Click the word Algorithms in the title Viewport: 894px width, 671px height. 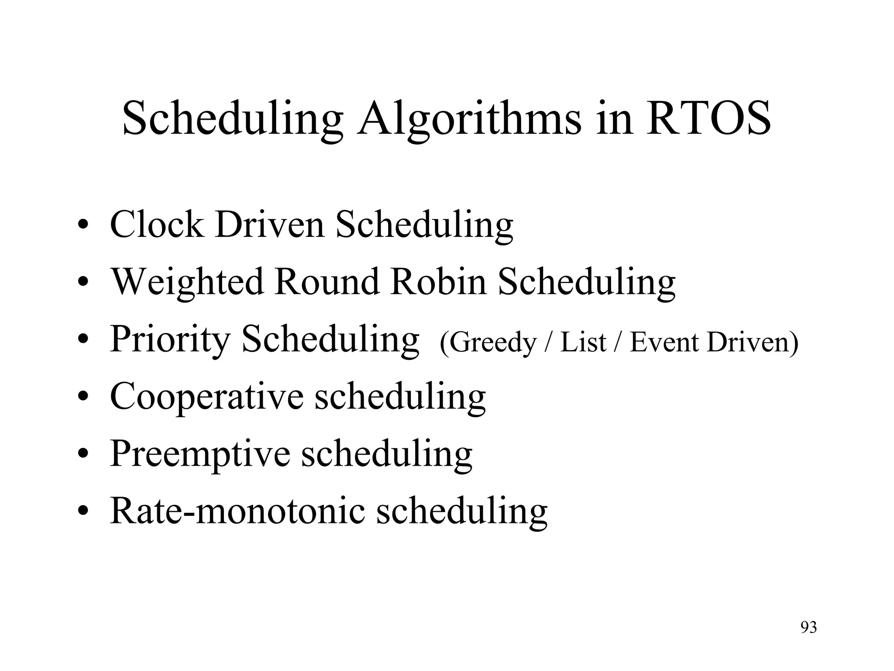tap(469, 119)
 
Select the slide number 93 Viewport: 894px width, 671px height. tap(808, 627)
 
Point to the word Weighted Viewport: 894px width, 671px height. tap(187, 282)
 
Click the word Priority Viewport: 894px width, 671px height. tap(170, 340)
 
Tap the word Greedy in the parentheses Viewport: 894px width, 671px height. tap(492, 343)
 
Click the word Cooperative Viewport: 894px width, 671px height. tap(206, 396)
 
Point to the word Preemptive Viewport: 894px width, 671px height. tap(200, 454)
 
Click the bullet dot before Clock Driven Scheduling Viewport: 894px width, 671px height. tap(83, 226)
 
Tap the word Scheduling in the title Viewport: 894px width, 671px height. tap(233, 119)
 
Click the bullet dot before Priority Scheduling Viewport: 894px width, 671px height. tap(83, 340)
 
